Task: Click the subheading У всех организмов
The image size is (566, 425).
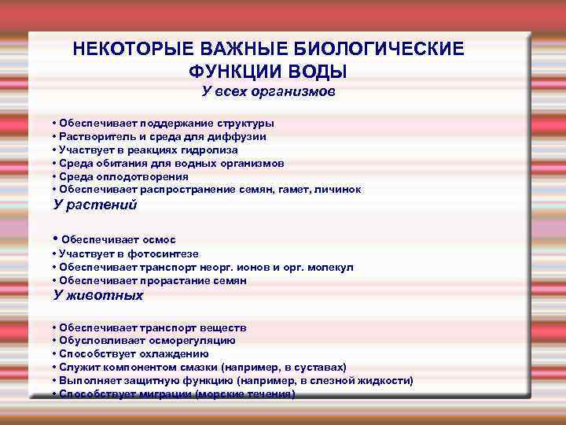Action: point(268,93)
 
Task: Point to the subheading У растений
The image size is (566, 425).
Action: point(94,205)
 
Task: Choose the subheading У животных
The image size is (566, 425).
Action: point(97,296)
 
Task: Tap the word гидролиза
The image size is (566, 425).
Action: point(208,150)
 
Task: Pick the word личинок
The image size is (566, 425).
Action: point(339,190)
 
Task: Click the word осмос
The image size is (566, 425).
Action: point(160,239)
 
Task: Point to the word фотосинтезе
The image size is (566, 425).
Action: point(164,254)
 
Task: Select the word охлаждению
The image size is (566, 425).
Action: point(168,354)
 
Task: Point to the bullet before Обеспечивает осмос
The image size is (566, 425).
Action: point(54,238)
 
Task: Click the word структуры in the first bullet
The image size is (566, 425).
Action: point(244,124)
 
